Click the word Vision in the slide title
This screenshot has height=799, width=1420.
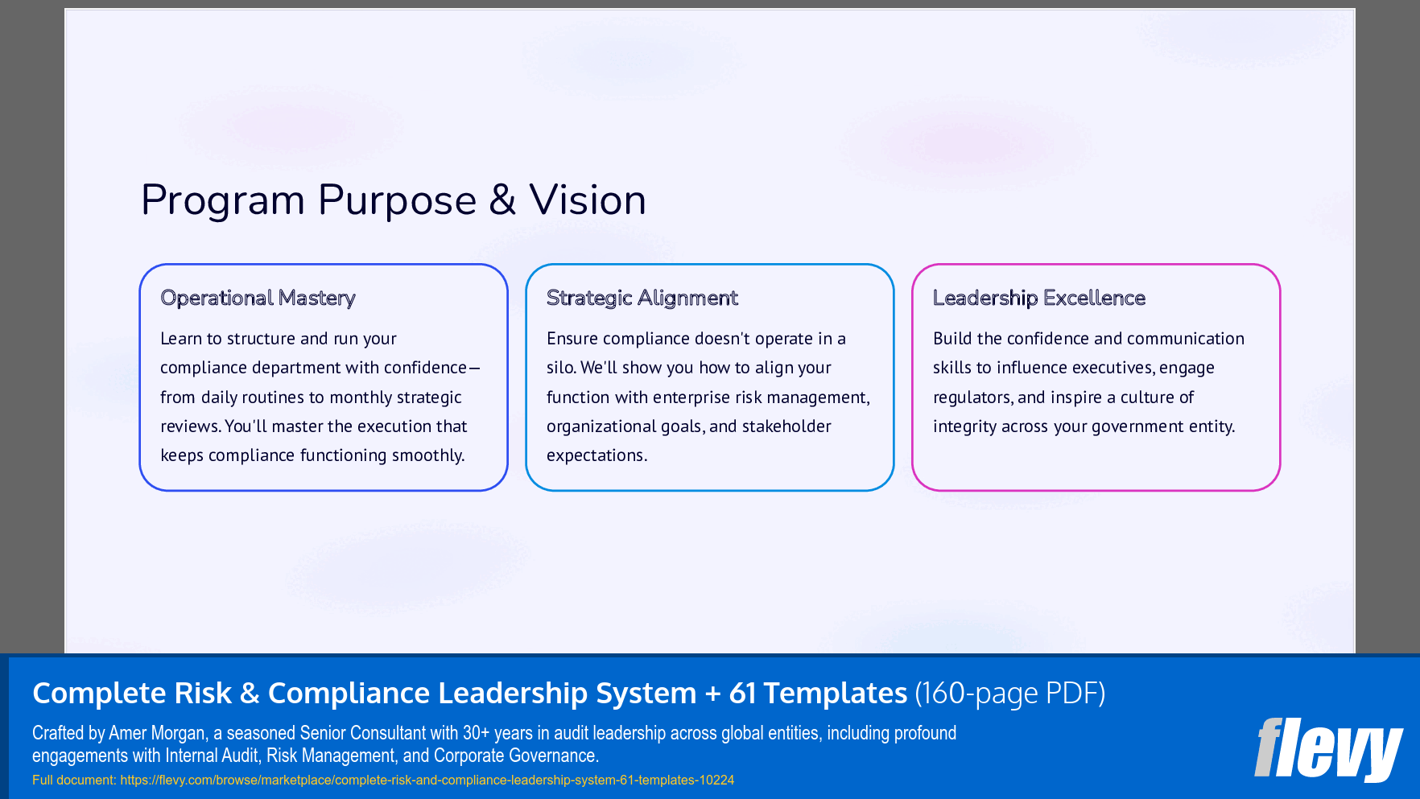pos(588,200)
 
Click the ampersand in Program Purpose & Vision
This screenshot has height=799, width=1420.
pos(502,200)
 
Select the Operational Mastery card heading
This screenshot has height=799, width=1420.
pos(258,298)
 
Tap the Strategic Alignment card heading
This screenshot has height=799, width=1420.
pos(642,298)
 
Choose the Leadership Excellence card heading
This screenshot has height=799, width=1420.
pos(1038,298)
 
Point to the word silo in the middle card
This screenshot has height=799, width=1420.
pos(560,368)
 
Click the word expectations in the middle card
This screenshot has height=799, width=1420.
pos(596,455)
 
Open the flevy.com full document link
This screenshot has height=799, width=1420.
pos(427,780)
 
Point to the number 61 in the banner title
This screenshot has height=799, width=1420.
pos(742,693)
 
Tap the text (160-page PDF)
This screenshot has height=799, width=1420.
pos(1010,693)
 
